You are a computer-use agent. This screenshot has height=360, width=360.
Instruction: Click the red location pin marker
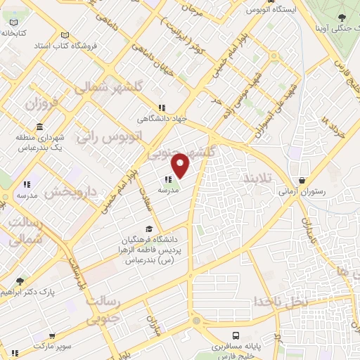[181, 165]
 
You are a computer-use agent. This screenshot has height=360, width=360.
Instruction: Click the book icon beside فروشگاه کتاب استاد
[65, 36]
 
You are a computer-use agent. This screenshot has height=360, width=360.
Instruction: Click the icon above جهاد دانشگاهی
[162, 108]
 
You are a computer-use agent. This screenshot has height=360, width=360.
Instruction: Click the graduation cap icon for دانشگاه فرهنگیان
[148, 229]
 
